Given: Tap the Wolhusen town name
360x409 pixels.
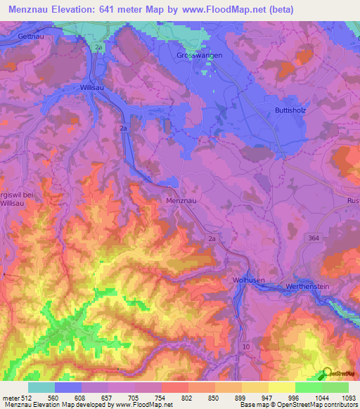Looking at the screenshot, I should click(x=249, y=280).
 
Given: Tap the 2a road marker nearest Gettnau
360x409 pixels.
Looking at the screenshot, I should click(x=99, y=46).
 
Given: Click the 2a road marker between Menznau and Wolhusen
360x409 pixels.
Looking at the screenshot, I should click(x=214, y=240).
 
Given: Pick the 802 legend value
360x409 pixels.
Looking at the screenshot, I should click(x=188, y=398).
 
